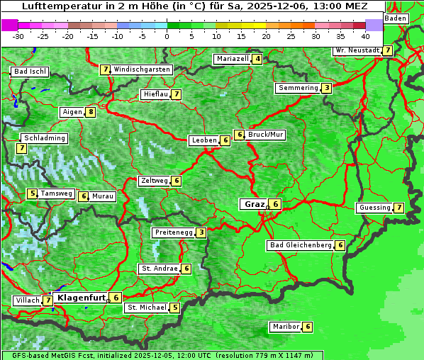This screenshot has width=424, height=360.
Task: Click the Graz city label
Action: point(254,204)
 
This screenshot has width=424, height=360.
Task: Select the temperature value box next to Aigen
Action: point(91,112)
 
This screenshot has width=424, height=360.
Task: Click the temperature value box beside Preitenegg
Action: point(201,232)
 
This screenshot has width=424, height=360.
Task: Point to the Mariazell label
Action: point(232,59)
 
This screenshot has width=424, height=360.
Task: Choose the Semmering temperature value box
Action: point(325,88)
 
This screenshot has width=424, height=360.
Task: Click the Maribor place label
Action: point(284,327)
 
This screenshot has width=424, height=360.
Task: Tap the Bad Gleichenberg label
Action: point(301,245)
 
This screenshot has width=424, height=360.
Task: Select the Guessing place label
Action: point(374,208)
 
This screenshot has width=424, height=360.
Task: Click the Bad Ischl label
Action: point(30,72)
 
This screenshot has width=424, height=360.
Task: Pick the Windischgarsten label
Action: point(142,69)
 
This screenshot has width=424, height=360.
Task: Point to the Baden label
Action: point(396,18)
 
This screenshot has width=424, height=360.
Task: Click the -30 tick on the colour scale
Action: point(18,36)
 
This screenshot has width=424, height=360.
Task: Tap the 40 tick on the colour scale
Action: point(365,36)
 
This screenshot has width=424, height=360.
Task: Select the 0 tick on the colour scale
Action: point(167,36)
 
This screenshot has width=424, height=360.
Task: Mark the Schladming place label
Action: point(44,138)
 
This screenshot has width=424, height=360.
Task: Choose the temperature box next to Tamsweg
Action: point(32,193)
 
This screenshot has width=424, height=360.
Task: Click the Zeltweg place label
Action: point(154,181)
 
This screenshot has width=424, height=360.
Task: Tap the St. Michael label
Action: point(146,308)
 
